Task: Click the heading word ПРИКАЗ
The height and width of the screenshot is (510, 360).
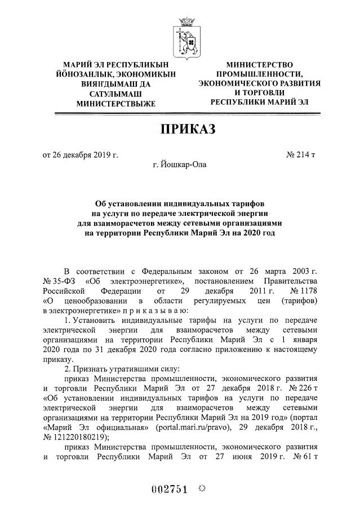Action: pos(188,131)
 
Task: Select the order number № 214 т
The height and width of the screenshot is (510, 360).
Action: pos(301,155)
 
